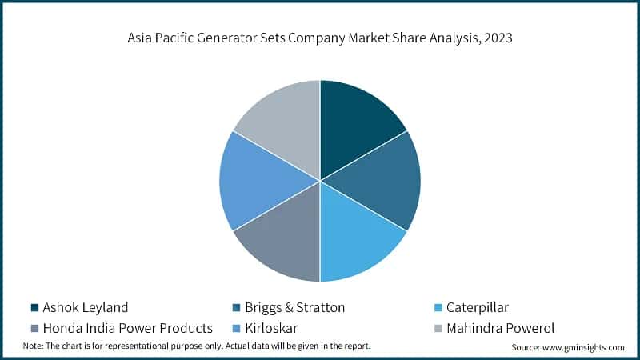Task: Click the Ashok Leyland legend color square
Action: (34, 307)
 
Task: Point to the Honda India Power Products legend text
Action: (127, 327)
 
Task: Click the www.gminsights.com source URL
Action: (582, 347)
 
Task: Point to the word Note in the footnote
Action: (32, 346)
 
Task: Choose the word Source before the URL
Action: (526, 347)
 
